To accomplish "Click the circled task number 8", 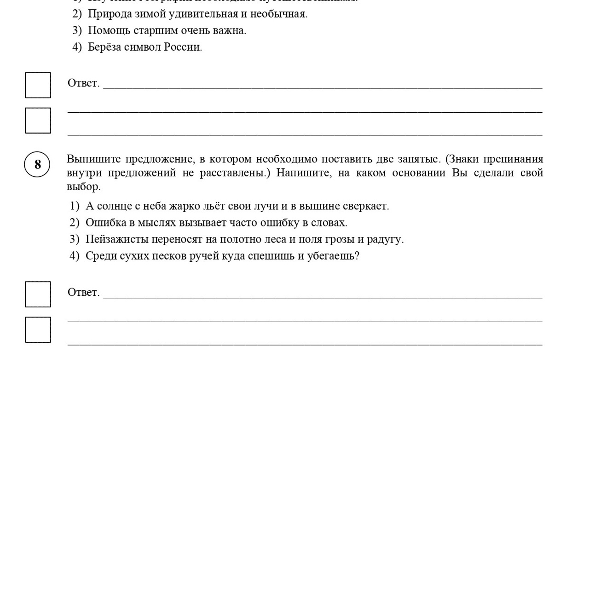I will [37, 164].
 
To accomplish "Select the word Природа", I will [110, 14].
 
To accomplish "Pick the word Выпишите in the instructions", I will [93, 159].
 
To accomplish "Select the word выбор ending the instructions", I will [83, 187].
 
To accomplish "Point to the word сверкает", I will [365, 206].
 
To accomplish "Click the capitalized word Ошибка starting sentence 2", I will [105, 223].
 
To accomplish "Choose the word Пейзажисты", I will [117, 239].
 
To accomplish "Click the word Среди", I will [101, 256].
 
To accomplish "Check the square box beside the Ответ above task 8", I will [38, 85].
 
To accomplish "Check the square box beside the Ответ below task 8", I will [38, 294].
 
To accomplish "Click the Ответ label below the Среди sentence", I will [83, 293].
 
